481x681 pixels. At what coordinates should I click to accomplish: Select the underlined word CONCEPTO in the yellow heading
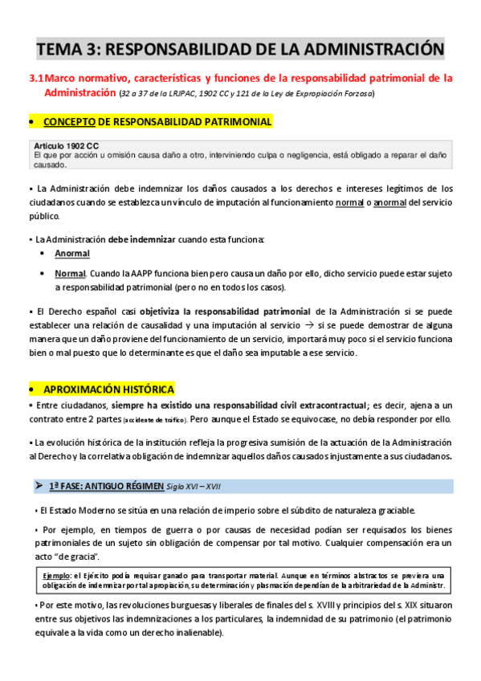click(x=69, y=122)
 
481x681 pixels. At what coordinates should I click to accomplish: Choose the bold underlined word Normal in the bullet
click(x=70, y=274)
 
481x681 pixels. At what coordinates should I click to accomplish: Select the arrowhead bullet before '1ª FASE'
click(x=38, y=487)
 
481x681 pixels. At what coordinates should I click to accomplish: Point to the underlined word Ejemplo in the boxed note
click(x=57, y=575)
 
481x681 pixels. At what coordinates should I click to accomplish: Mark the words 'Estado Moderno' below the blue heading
click(x=77, y=511)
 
